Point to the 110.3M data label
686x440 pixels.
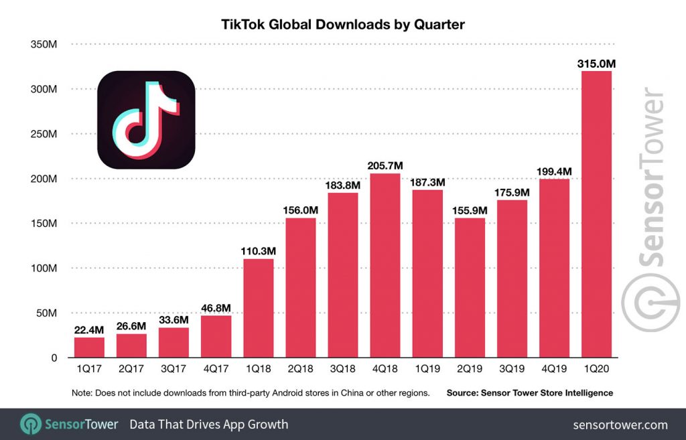point(258,251)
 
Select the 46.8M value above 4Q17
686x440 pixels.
point(216,308)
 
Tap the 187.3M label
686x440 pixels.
point(427,182)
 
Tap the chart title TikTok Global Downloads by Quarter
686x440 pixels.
point(342,25)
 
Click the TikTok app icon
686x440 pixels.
point(146,120)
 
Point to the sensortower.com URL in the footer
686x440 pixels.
point(620,425)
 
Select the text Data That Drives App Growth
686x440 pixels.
point(208,425)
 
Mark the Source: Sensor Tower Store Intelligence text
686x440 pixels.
point(529,393)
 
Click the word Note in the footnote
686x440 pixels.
point(81,393)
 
